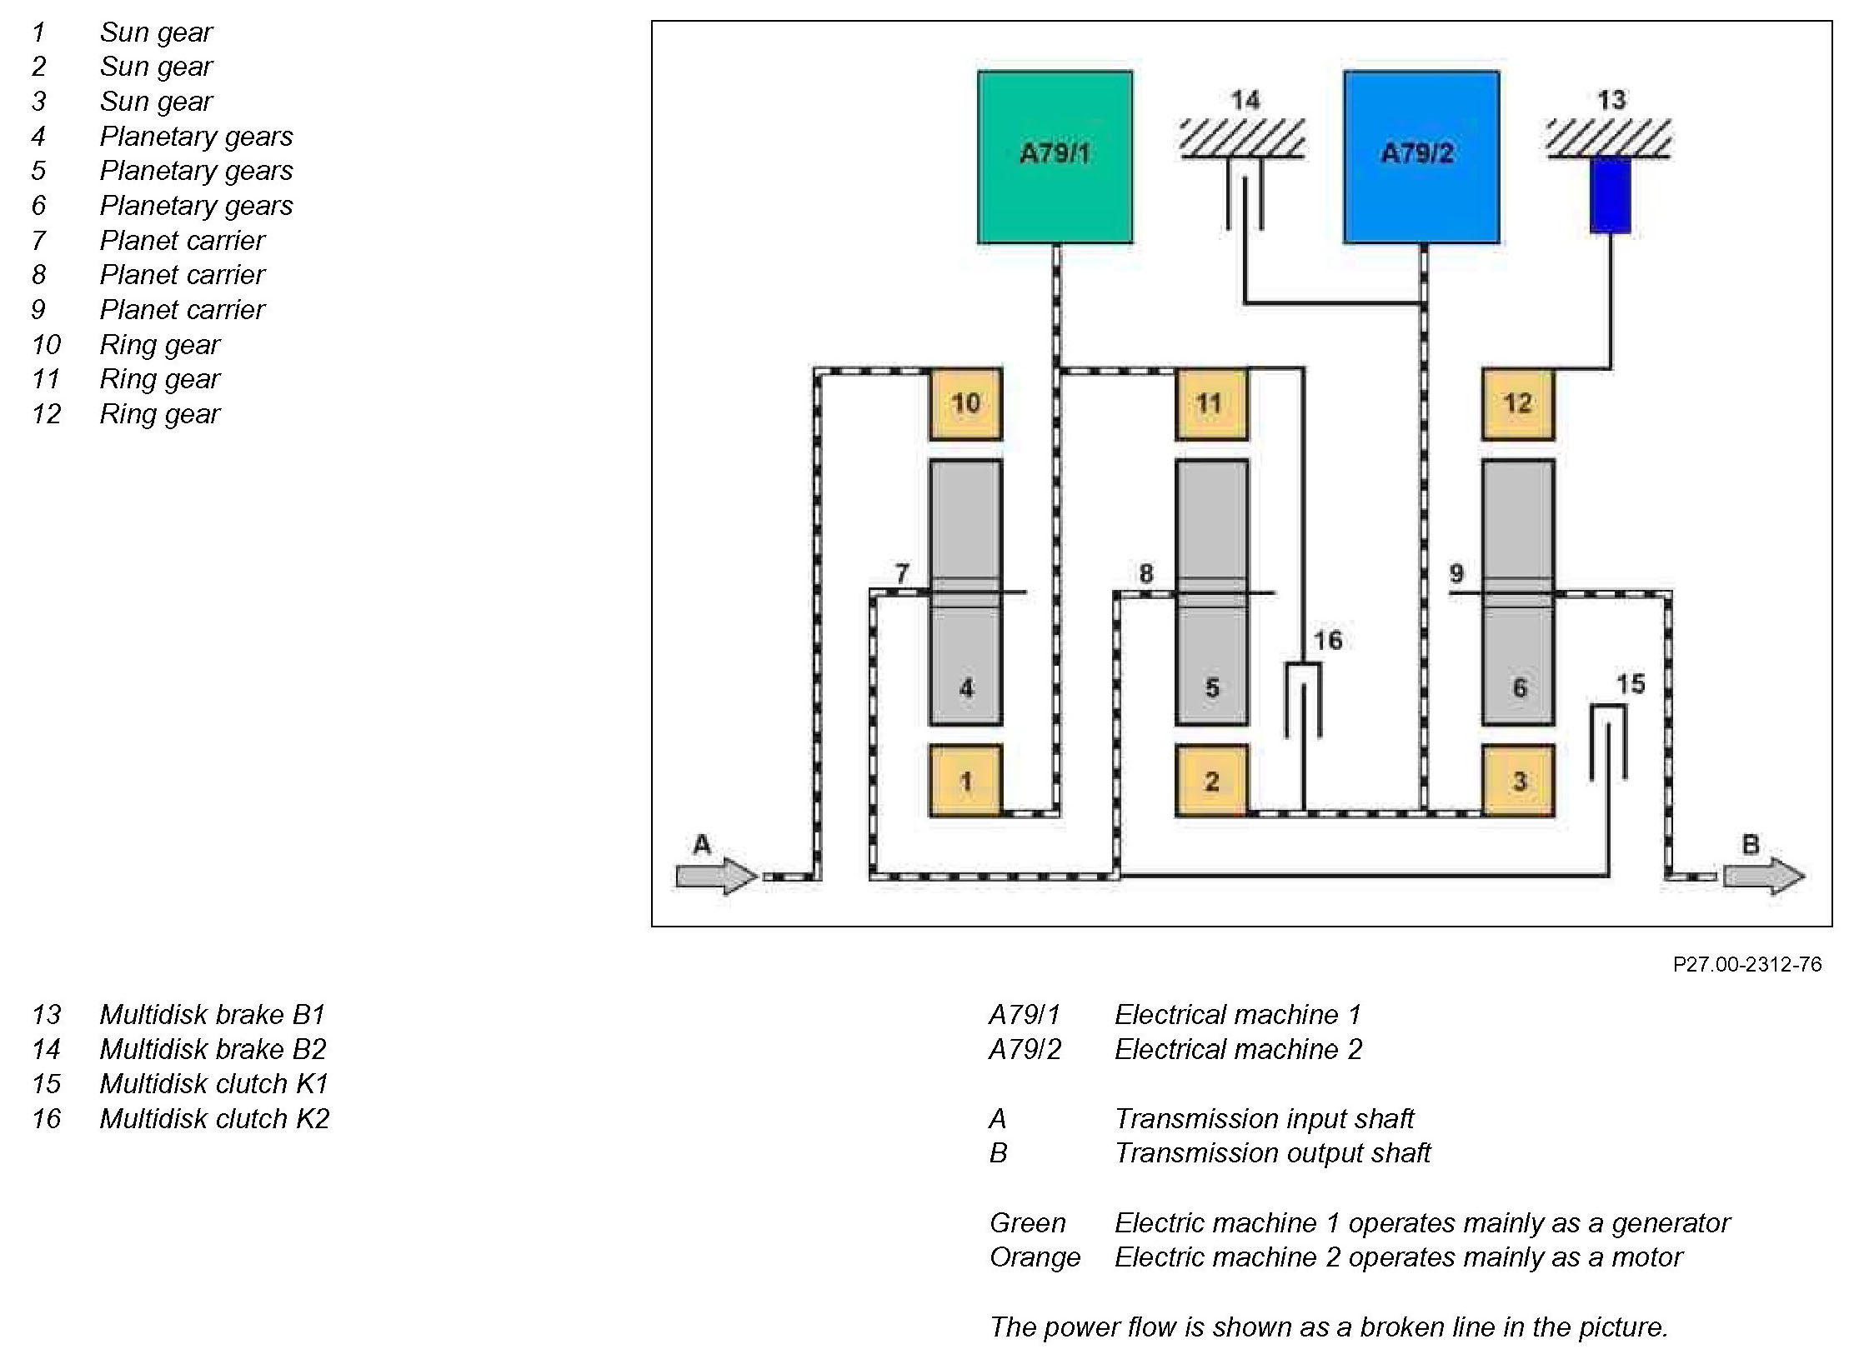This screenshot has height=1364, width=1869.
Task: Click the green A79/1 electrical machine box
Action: pyautogui.click(x=1055, y=157)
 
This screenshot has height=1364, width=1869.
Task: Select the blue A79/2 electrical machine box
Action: pyautogui.click(x=1421, y=157)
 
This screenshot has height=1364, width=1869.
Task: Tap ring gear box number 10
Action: pyautogui.click(x=965, y=404)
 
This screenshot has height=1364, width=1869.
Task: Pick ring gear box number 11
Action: pyautogui.click(x=1210, y=404)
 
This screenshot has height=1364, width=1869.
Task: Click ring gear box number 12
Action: pyautogui.click(x=1517, y=404)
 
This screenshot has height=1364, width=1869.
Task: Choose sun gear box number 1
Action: pyautogui.click(x=965, y=781)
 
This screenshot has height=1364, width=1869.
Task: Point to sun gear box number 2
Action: pyautogui.click(x=1210, y=781)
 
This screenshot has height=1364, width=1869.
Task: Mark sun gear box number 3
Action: pyautogui.click(x=1517, y=781)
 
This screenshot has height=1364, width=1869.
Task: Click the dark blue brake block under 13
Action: pyautogui.click(x=1610, y=195)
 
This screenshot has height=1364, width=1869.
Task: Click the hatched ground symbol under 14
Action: pyautogui.click(x=1243, y=140)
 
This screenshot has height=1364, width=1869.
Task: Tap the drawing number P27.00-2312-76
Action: pyautogui.click(x=1746, y=964)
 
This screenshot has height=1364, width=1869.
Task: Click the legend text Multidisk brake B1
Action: pyautogui.click(x=212, y=1014)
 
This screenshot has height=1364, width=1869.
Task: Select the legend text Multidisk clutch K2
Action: pyautogui.click(x=214, y=1118)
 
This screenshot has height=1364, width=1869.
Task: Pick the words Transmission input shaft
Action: pyautogui.click(x=1264, y=1118)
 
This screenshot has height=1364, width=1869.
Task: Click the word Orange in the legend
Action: pyautogui.click(x=1035, y=1257)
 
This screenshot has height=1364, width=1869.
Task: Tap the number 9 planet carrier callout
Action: pyautogui.click(x=1456, y=573)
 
